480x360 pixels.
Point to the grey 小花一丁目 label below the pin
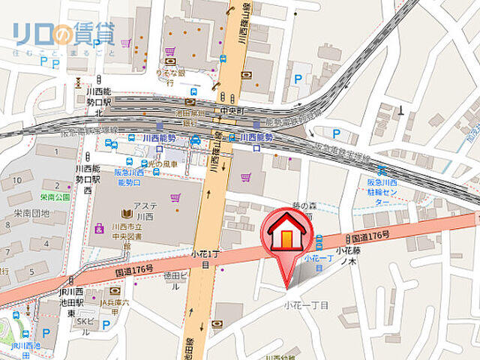(x=306, y=305)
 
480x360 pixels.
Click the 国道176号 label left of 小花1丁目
(x=135, y=268)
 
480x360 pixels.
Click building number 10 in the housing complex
(x=15, y=180)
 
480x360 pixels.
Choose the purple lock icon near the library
(x=98, y=227)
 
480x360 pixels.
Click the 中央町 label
(x=227, y=110)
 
